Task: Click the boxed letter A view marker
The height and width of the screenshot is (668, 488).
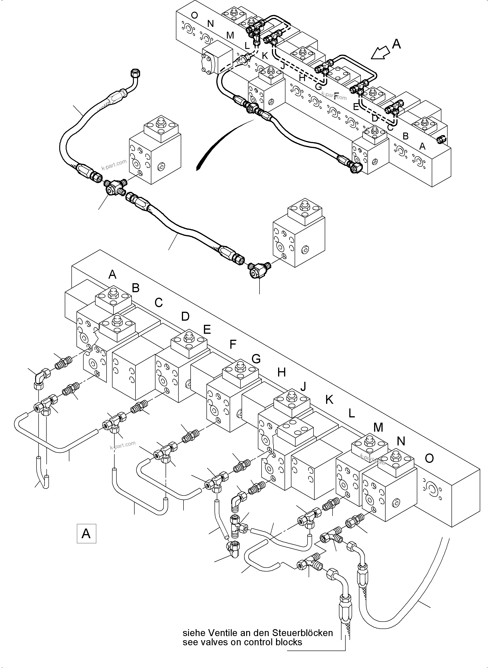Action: (86, 534)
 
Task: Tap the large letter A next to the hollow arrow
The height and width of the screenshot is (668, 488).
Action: (396, 44)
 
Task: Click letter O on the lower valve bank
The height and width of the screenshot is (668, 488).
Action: (429, 459)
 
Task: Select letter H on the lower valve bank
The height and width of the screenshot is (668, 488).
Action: (281, 373)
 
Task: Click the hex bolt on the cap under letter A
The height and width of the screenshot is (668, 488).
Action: (113, 294)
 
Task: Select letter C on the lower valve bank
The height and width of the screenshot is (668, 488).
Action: (159, 303)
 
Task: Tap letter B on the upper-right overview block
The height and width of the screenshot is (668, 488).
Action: (406, 136)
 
